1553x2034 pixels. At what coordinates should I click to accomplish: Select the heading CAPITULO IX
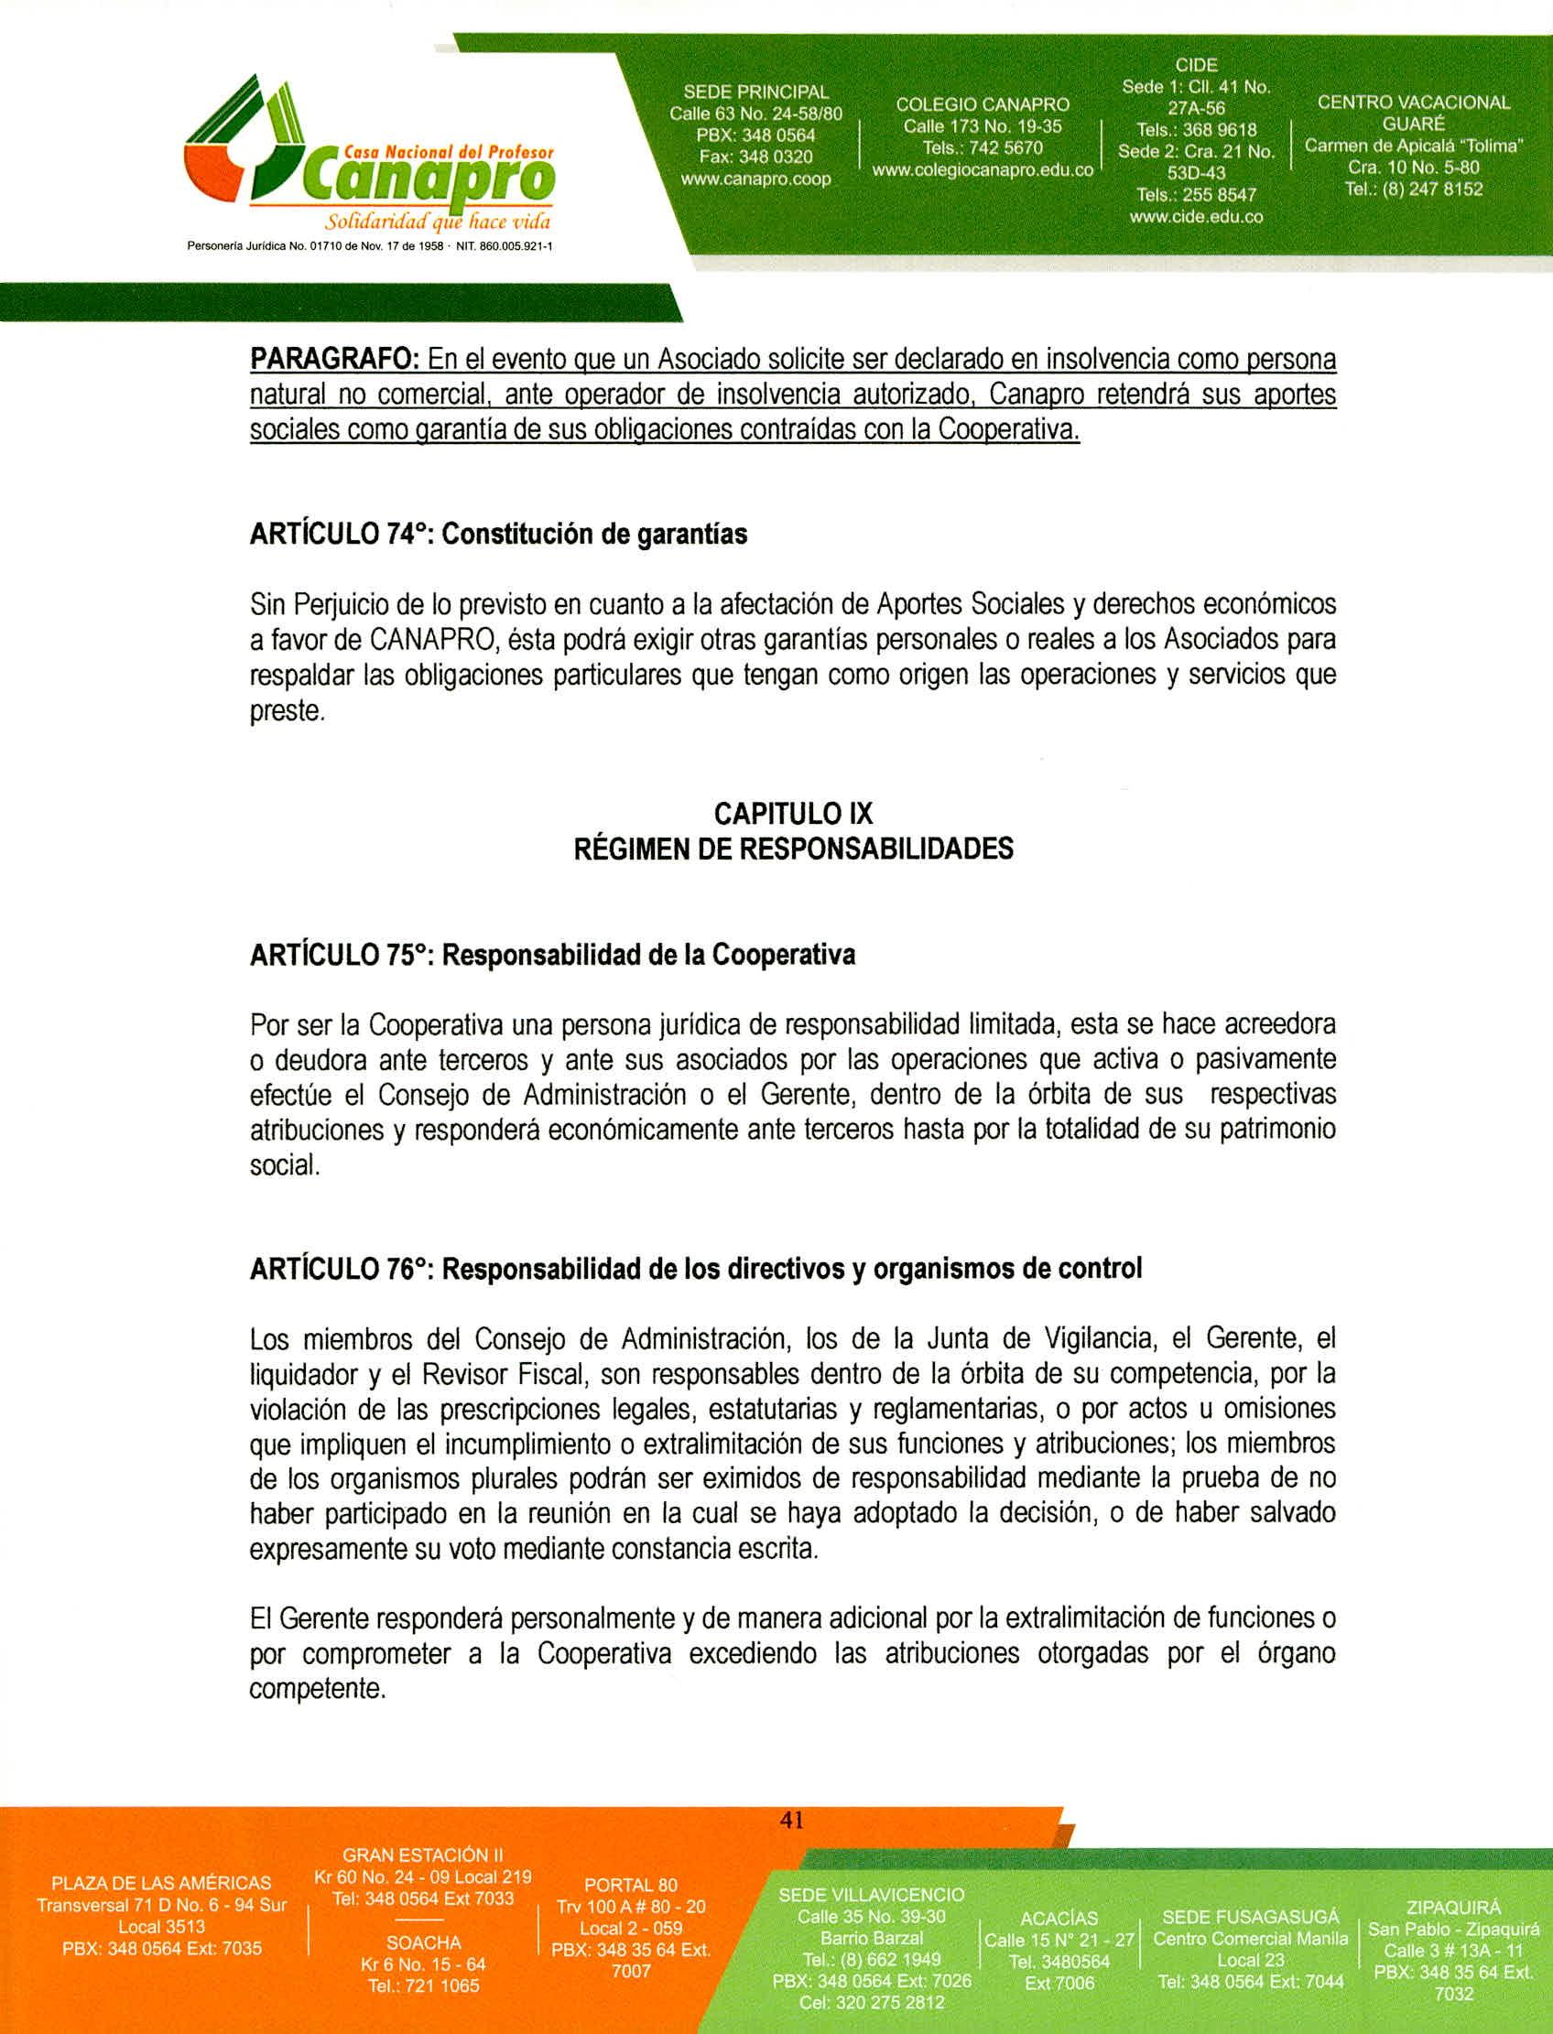[x=793, y=813]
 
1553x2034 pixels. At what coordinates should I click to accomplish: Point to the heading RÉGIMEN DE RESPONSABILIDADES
[x=793, y=849]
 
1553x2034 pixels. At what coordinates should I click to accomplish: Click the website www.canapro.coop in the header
[x=755, y=179]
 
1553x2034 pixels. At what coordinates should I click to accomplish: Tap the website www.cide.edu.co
[x=1195, y=217]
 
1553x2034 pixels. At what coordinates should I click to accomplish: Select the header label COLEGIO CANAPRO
[x=982, y=104]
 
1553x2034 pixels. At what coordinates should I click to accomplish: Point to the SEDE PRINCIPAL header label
[x=755, y=92]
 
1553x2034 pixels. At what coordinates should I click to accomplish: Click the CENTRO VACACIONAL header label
[x=1413, y=103]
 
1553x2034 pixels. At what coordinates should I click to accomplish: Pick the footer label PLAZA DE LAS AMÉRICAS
[x=162, y=1883]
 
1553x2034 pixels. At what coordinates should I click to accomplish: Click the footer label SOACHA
[x=423, y=1942]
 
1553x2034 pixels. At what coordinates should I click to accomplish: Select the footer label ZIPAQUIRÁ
[x=1453, y=1908]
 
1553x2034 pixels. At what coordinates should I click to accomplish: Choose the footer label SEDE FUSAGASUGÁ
[x=1250, y=1917]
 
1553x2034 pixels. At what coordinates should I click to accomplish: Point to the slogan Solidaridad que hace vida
[x=439, y=222]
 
